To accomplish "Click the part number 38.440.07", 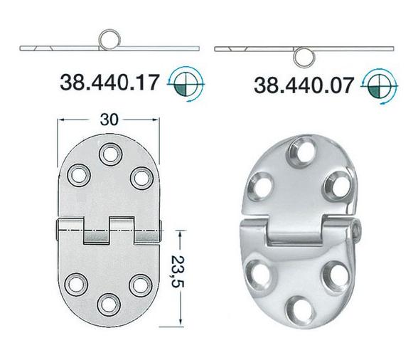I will (304, 85).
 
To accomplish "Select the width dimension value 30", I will (109, 121).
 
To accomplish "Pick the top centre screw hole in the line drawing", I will (109, 153).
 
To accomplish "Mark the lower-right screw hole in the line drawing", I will (141, 283).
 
